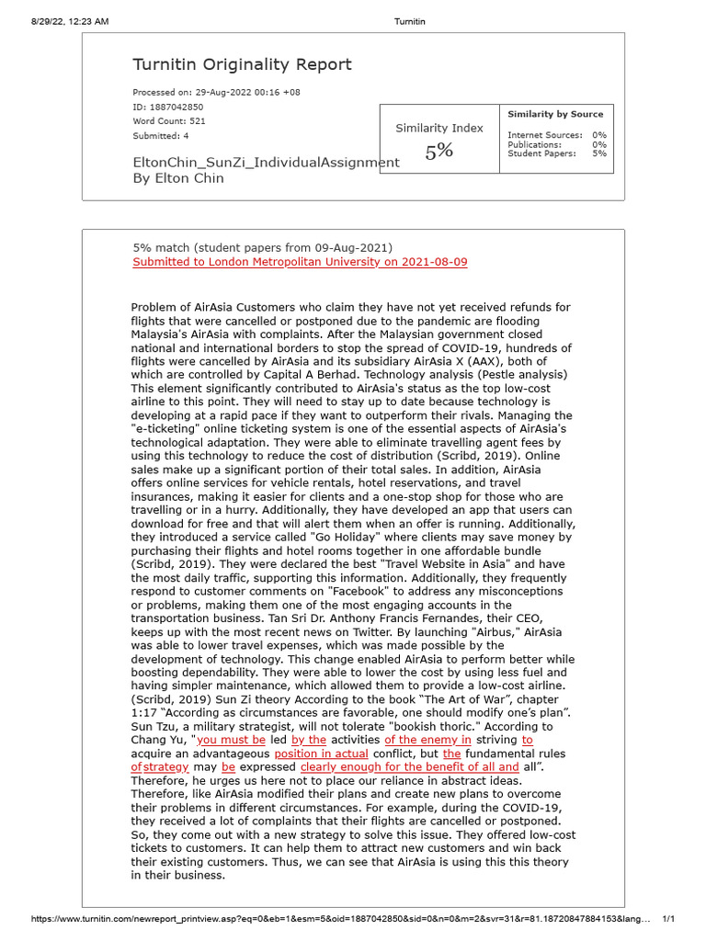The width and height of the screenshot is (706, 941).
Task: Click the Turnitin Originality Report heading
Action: [x=242, y=64]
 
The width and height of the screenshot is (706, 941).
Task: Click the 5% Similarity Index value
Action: [x=438, y=153]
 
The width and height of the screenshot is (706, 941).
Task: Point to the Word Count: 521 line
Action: [x=169, y=121]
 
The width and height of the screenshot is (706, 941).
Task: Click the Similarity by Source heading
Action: [x=555, y=114]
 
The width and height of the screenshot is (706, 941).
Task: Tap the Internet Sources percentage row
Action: [x=556, y=135]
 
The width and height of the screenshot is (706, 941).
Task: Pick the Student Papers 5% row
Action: [x=556, y=153]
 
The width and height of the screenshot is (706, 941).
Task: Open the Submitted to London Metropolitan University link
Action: [x=300, y=262]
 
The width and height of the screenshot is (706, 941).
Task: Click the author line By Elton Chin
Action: [x=179, y=178]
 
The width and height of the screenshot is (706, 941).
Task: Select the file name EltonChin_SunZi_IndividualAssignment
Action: [x=266, y=163]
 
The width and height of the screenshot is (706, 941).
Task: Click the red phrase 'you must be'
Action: [x=231, y=739]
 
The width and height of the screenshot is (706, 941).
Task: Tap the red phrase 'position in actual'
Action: [x=321, y=753]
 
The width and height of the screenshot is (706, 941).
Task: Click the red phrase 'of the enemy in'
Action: [x=427, y=739]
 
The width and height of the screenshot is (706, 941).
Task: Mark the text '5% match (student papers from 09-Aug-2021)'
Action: [x=262, y=248]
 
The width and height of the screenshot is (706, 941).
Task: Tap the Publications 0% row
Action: [x=556, y=144]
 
